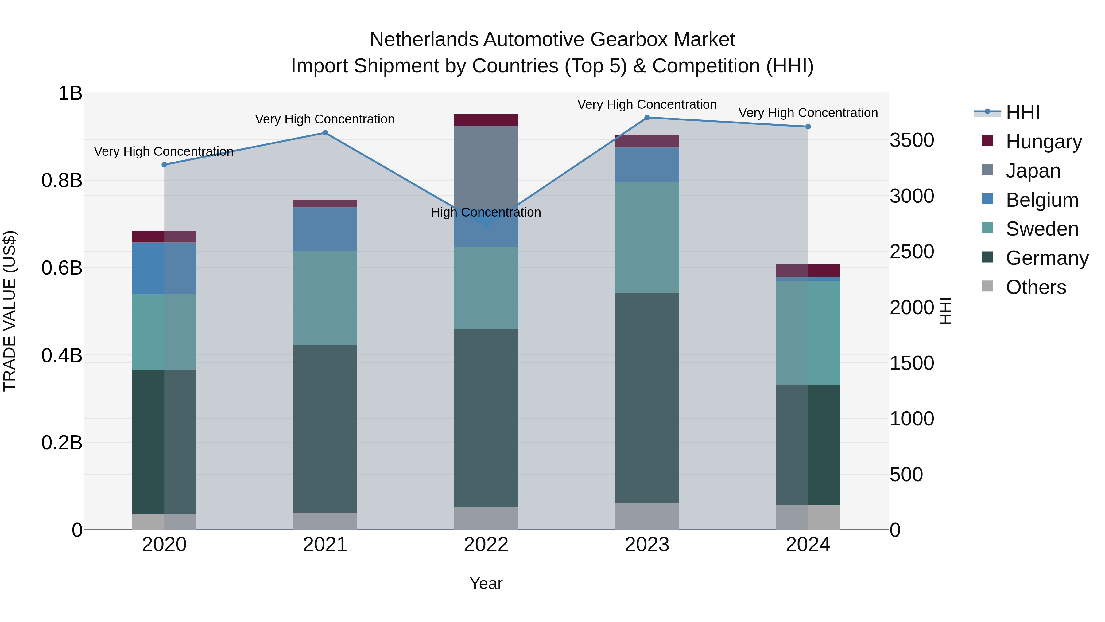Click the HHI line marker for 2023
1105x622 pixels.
coord(647,118)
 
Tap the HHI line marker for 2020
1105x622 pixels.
coord(164,165)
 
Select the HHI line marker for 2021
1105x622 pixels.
coord(325,133)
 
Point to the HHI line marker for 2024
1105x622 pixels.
coord(808,127)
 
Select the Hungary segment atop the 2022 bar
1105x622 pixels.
coord(486,120)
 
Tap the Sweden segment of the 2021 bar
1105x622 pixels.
coord(325,298)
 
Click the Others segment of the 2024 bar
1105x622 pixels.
coord(808,517)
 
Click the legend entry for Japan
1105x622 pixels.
coord(1033,171)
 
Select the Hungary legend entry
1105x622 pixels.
coord(1043,142)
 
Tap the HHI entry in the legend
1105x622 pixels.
coord(1022,112)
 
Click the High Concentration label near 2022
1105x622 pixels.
coord(486,213)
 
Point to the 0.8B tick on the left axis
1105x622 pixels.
coord(62,181)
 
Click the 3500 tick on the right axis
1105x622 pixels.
coord(912,140)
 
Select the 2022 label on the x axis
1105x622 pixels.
coord(486,545)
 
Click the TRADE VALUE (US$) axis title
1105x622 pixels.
coord(10,311)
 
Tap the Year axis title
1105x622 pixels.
coord(486,583)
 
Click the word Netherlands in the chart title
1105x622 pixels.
coord(424,40)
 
